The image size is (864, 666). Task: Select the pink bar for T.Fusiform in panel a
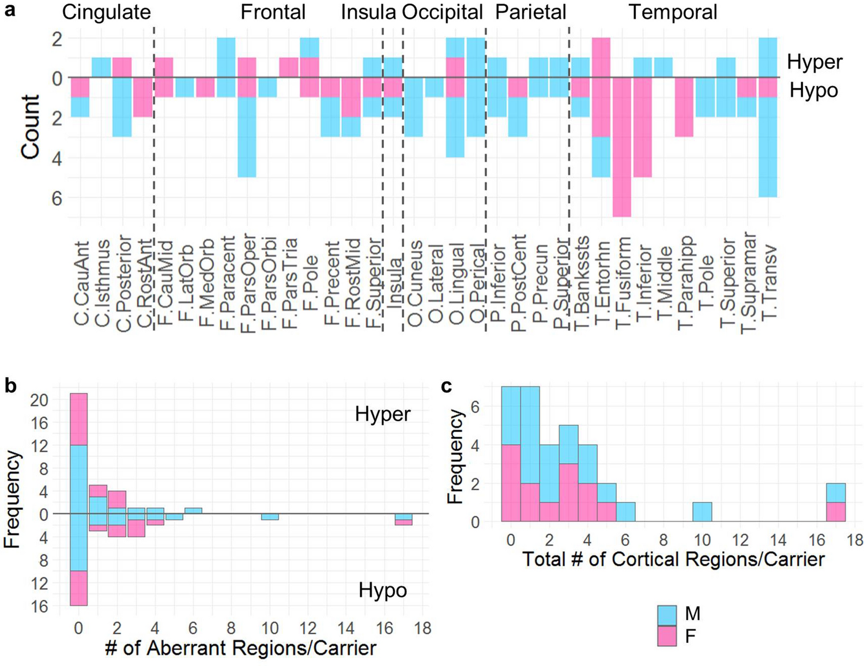coord(621,147)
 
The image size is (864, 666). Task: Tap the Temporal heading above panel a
coord(673,12)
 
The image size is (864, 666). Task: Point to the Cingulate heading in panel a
coord(106,12)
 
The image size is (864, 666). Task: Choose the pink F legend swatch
coord(667,637)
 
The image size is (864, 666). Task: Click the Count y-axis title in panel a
coord(31,126)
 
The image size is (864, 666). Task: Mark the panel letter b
coord(10,385)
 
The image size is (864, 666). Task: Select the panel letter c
coord(447,385)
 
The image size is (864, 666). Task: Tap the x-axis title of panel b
coord(240,648)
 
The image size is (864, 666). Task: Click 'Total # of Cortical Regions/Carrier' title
coord(673,559)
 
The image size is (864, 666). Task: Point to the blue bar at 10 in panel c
coord(702,512)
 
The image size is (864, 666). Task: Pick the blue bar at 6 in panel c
coord(625,512)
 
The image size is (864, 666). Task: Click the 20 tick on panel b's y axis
coord(39,400)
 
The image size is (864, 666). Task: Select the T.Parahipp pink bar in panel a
coord(684,107)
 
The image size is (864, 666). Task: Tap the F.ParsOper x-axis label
coord(248,282)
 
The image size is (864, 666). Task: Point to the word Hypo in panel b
coord(382,591)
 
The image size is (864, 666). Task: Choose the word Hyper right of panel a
coord(814,62)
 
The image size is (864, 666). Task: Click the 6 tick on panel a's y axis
coord(56,198)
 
